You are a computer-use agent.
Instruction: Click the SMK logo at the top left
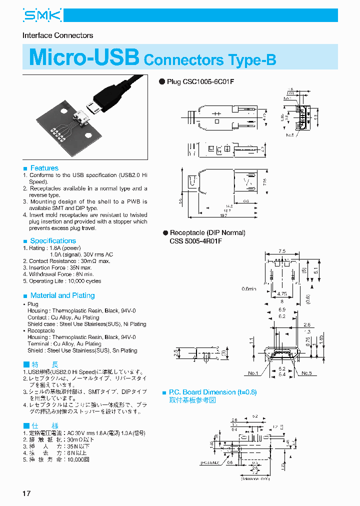[x=42, y=16]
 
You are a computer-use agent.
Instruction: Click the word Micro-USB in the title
[x=84, y=57]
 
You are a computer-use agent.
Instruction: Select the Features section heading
[x=44, y=168]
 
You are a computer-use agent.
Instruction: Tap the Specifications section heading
[x=52, y=240]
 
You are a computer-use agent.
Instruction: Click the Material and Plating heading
[x=62, y=295]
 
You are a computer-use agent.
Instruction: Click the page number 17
[x=26, y=493]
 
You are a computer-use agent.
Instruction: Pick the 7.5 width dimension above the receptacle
[x=282, y=251]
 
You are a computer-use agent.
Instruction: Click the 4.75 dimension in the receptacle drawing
[x=281, y=294]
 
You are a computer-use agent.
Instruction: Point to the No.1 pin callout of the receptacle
[x=253, y=373]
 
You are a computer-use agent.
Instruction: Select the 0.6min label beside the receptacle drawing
[x=248, y=288]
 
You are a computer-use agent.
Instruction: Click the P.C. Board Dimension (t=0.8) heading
[x=212, y=392]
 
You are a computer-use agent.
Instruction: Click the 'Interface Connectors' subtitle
[x=58, y=35]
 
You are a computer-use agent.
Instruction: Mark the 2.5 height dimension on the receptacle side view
[x=175, y=354]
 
